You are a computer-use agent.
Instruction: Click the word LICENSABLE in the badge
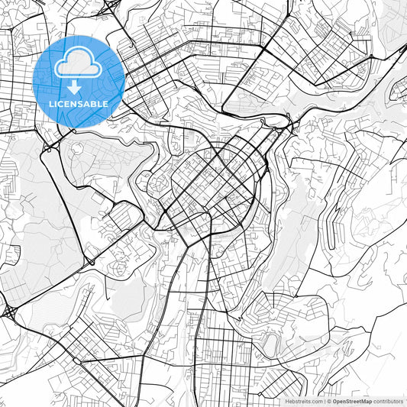point(79,103)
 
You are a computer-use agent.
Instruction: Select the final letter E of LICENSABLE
point(105,103)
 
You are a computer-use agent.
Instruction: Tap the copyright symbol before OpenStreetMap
point(328,400)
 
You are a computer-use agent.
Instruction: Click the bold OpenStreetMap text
point(352,400)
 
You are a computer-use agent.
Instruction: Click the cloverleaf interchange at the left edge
point(11,312)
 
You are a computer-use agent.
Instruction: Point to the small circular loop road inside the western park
point(77,151)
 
